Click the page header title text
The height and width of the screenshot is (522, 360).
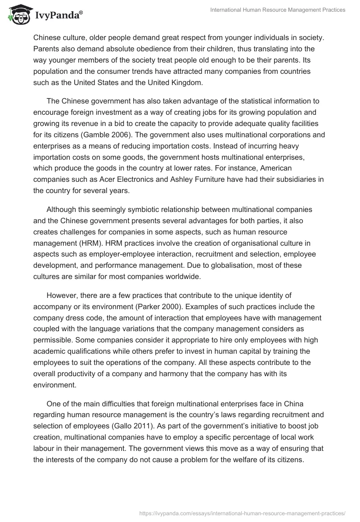pyautogui.click(x=278, y=10)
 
